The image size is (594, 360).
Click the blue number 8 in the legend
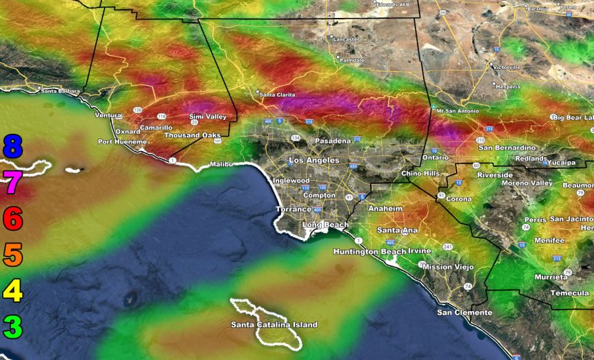click(x=13, y=147)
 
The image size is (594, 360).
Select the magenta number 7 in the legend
click(x=13, y=183)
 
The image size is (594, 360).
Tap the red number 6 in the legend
click(x=13, y=219)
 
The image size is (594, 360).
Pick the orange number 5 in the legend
click(x=13, y=255)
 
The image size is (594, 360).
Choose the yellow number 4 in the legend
click(x=13, y=291)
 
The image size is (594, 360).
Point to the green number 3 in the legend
click(x=13, y=327)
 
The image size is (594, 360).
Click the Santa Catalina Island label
click(x=274, y=325)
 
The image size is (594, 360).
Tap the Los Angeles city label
click(x=314, y=160)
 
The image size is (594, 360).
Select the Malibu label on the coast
click(x=218, y=164)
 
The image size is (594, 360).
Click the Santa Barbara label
click(x=60, y=91)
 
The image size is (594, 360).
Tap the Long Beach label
click(x=325, y=226)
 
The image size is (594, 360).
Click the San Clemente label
click(x=464, y=312)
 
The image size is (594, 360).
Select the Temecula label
click(x=570, y=293)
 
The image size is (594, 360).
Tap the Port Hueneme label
click(x=122, y=142)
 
